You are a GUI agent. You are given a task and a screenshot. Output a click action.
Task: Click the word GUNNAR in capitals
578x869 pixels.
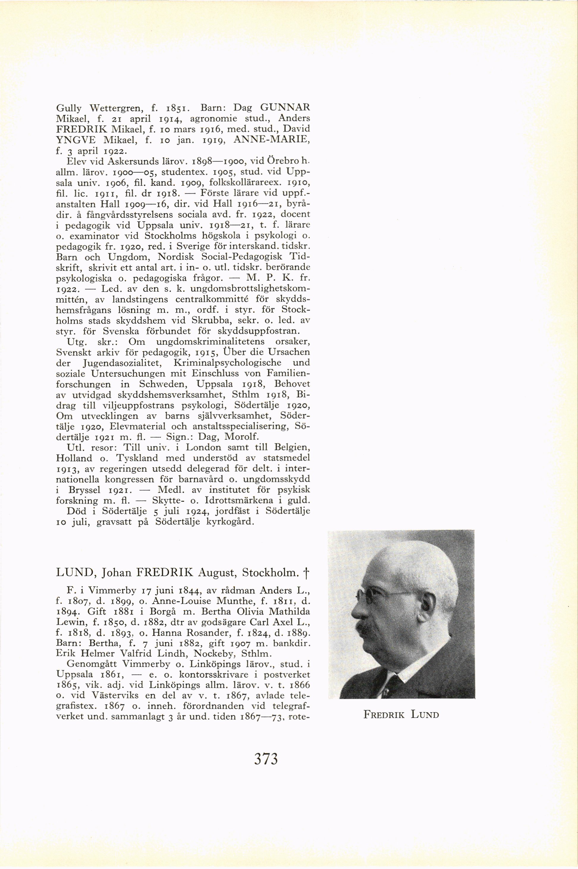coord(285,108)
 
